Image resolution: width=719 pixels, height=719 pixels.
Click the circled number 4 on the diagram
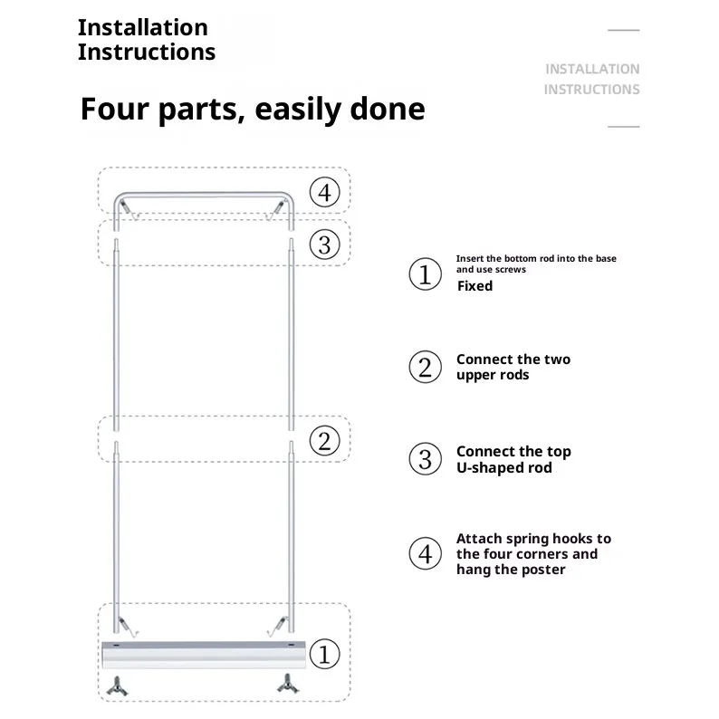(x=325, y=192)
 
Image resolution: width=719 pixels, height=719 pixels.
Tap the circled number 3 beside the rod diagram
(x=325, y=244)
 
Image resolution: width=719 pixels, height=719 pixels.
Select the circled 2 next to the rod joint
(x=325, y=441)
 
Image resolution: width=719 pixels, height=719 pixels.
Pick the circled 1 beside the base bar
(x=325, y=654)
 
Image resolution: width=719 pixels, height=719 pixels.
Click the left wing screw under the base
(x=117, y=686)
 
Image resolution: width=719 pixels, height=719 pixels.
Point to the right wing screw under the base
(x=288, y=684)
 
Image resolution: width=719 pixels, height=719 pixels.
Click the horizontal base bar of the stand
(x=204, y=655)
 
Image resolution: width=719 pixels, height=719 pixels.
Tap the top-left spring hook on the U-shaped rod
(x=129, y=210)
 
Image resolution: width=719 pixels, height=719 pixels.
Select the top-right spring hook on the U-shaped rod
(x=276, y=210)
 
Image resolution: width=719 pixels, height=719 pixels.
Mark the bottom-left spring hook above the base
(x=129, y=627)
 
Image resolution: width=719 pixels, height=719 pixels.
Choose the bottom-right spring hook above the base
(x=277, y=627)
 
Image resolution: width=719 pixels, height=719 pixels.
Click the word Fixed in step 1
(x=475, y=285)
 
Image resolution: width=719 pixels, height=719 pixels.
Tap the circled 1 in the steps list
(x=425, y=274)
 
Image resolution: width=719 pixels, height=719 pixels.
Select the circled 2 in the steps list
(x=425, y=367)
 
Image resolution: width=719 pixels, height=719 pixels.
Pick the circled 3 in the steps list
(x=425, y=459)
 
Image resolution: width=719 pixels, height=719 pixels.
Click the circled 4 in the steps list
(x=425, y=553)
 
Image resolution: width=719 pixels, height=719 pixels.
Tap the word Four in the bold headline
(x=115, y=109)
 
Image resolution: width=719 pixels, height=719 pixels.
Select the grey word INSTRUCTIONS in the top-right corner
(x=591, y=90)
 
